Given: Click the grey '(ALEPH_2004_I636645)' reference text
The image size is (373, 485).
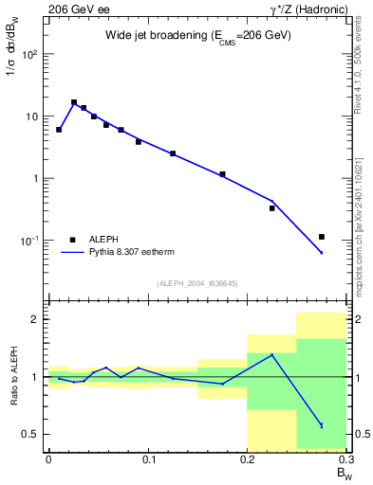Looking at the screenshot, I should (x=197, y=283).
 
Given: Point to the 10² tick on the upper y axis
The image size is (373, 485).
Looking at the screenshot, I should (x=32, y=54).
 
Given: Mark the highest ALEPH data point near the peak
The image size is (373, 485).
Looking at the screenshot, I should (x=74, y=102).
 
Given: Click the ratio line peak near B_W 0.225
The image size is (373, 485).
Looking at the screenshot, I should (x=272, y=355).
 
